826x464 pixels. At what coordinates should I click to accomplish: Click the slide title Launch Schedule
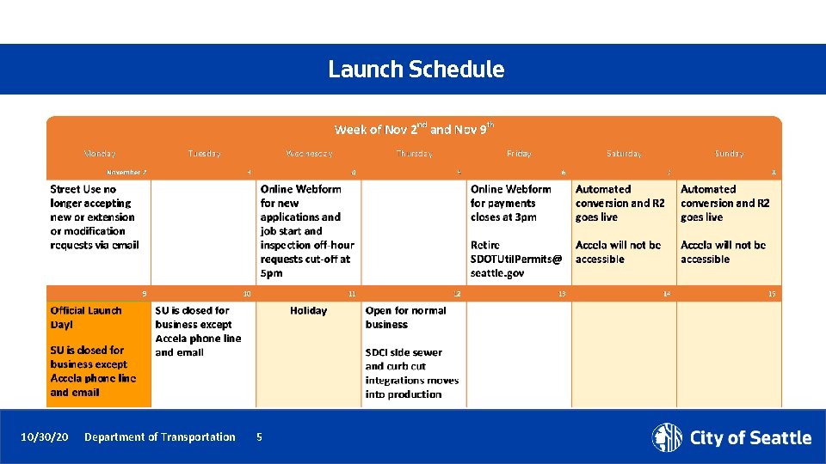(x=416, y=70)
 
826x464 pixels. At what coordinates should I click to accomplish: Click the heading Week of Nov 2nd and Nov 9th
(x=414, y=129)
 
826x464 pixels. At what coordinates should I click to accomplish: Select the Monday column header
(x=100, y=154)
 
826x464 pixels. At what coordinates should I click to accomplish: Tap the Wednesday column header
(x=309, y=154)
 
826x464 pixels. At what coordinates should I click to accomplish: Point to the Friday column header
(x=519, y=154)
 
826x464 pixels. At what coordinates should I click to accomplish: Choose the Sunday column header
(x=729, y=154)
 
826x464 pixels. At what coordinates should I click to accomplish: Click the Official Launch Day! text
(x=85, y=317)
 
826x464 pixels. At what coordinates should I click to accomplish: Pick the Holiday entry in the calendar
(x=308, y=311)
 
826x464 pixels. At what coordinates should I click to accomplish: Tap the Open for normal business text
(x=405, y=317)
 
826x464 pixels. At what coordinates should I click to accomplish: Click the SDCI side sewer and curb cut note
(x=411, y=373)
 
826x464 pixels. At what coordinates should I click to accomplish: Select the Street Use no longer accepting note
(x=94, y=217)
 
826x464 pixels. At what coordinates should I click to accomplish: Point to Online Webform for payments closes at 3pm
(x=510, y=203)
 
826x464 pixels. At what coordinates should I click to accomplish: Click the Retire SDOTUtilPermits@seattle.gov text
(x=515, y=259)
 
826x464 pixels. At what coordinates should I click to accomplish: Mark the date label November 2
(x=126, y=172)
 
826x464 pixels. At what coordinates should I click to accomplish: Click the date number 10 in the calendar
(x=247, y=294)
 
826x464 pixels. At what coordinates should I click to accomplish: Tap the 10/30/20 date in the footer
(x=44, y=437)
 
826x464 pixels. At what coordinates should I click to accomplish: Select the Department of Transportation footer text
(x=159, y=437)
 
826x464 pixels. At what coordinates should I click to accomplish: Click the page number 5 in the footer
(x=259, y=437)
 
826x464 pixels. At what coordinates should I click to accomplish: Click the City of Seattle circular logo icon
(x=667, y=437)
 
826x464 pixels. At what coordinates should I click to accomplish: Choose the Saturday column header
(x=624, y=154)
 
